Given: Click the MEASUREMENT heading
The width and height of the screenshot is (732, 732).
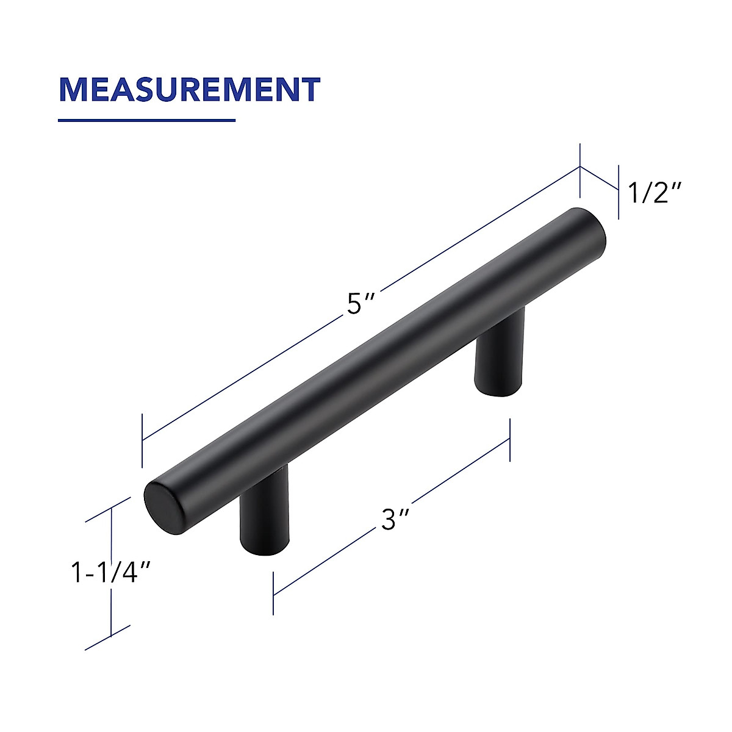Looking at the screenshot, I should [189, 89].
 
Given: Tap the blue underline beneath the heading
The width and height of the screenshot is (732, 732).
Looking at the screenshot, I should [146, 120].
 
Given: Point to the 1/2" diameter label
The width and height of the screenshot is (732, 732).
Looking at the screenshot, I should [655, 193].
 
